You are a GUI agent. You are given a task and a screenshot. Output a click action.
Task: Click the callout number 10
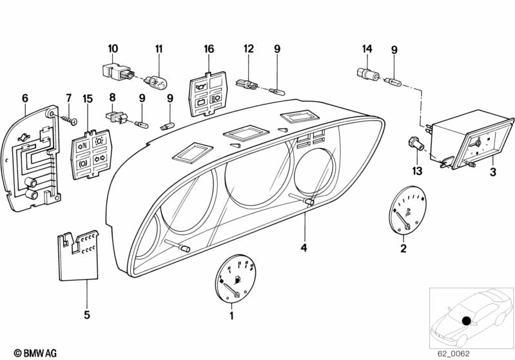(113, 48)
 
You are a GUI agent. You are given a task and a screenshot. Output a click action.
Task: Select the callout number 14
(367, 48)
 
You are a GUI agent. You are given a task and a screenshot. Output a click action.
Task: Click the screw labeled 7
(68, 119)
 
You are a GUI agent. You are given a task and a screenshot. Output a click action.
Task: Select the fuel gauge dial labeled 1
(233, 281)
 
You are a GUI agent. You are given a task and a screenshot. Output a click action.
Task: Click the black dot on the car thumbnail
(467, 320)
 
